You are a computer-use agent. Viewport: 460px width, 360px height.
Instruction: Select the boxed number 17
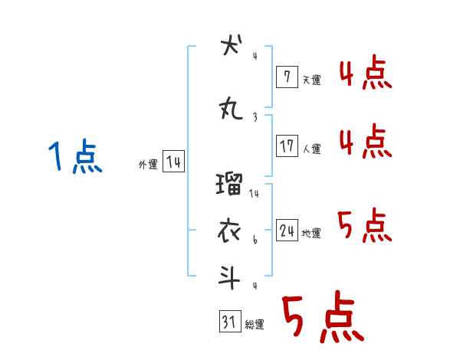(287, 146)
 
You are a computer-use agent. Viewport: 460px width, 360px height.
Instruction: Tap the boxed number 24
(287, 230)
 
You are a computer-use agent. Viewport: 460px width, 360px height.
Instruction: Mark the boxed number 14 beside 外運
(173, 162)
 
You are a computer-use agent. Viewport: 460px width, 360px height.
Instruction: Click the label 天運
(311, 80)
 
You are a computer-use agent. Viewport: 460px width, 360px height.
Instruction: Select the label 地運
(311, 233)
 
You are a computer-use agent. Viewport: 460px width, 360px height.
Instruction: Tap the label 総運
(255, 325)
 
